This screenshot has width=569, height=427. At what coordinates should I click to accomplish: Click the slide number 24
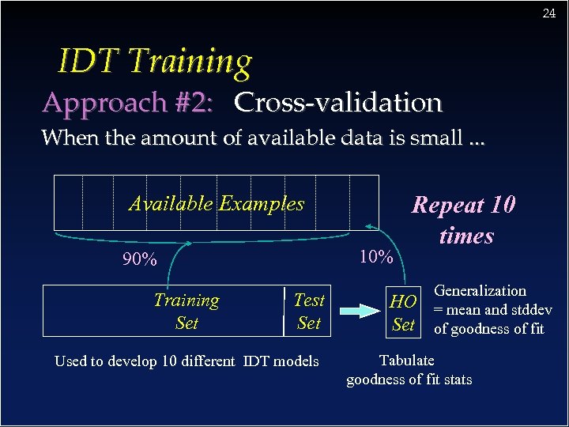tap(549, 13)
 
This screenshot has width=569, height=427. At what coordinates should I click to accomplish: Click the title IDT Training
tap(155, 61)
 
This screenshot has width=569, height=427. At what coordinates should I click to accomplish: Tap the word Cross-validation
tap(338, 103)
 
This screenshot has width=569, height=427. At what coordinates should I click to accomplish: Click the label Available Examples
tap(216, 203)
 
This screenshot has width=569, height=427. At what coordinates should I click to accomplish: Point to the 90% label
tap(139, 259)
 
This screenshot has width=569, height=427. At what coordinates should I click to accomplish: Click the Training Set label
tap(187, 312)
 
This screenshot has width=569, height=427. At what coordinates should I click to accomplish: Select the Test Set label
tap(308, 312)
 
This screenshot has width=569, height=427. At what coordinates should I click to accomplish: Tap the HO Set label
tap(403, 312)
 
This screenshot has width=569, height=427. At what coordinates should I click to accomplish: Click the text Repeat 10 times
tap(464, 220)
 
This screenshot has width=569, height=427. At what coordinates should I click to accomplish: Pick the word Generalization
tap(480, 291)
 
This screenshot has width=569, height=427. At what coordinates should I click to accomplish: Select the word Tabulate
tap(406, 361)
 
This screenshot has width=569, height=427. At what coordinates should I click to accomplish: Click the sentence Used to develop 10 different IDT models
tap(187, 361)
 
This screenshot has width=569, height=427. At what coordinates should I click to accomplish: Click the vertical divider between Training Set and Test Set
tap(283, 312)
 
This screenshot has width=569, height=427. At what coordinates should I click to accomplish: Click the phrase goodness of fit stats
tap(409, 380)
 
